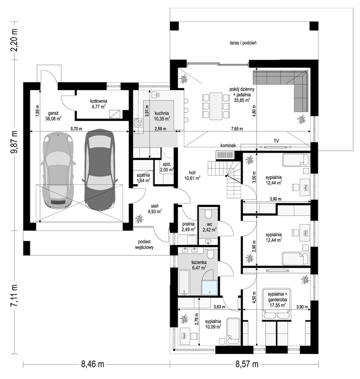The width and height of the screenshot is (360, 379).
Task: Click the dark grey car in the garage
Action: click(100, 170)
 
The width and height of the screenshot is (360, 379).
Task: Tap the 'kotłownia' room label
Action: click(99, 101)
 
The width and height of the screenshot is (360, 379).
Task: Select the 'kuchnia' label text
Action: click(162, 113)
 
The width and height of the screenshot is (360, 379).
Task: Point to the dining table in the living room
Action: click(216, 106)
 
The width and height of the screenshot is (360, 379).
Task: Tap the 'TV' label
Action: click(276, 141)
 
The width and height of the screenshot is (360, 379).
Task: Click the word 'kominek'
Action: click(228, 145)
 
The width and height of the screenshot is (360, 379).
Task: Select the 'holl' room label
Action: click(192, 173)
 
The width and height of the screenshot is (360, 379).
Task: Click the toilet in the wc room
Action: click(208, 214)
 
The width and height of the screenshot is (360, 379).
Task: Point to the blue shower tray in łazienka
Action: click(210, 288)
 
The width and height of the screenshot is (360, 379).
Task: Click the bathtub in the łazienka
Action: click(184, 283)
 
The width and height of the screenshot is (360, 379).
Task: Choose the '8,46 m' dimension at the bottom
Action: click(93, 364)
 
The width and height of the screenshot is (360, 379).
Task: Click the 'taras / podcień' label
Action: click(243, 43)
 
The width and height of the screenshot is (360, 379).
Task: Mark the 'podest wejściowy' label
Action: click(144, 244)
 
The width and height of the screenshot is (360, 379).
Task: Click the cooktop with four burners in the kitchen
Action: click(138, 122)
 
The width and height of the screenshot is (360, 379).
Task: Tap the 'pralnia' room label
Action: click(188, 224)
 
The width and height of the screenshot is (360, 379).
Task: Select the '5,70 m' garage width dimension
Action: click(77, 129)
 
